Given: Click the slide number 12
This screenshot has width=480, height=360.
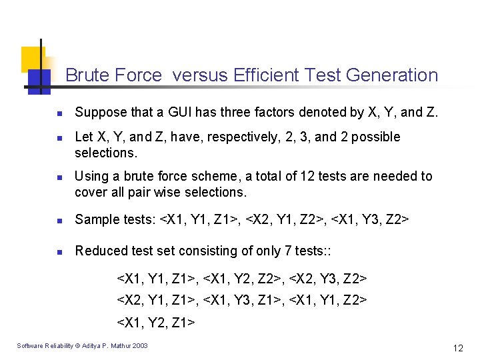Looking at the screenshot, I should tap(457, 348).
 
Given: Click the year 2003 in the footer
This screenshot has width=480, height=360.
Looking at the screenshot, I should tap(141, 345).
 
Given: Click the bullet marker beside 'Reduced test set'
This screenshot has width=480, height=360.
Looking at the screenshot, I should tap(59, 252).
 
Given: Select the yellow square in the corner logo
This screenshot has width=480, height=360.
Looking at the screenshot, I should tap(31, 59).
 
